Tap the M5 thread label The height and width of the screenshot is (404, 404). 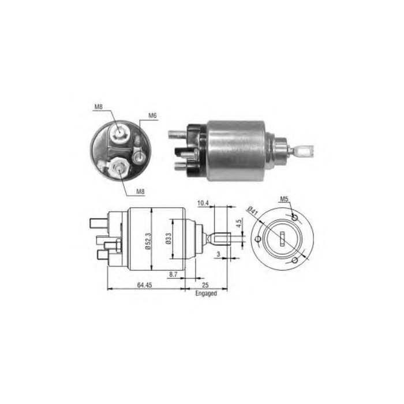click(x=284, y=200)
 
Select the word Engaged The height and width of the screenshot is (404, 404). click(x=205, y=293)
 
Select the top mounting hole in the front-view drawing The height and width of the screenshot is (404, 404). click(x=295, y=218)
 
